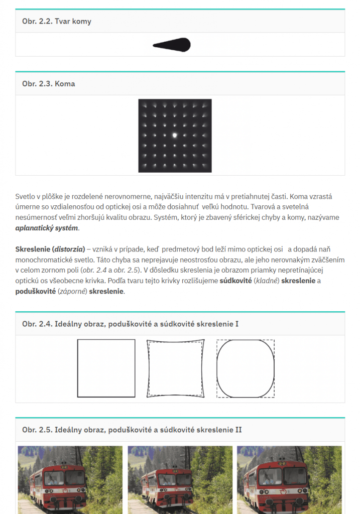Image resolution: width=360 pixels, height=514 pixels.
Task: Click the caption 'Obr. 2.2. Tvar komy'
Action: pyautogui.click(x=57, y=22)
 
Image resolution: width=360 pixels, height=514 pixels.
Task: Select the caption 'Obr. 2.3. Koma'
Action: pyautogui.click(x=49, y=84)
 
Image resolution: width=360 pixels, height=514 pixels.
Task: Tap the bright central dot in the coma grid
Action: pyautogui.click(x=175, y=135)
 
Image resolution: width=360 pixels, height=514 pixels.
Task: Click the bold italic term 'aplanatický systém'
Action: pyautogui.click(x=47, y=228)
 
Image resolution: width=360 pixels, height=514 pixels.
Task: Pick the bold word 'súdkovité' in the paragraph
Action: pyautogui.click(x=235, y=281)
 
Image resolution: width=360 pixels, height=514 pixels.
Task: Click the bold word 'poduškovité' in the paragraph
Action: pyautogui.click(x=36, y=291)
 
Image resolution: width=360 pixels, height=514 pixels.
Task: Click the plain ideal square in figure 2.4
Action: pyautogui.click(x=106, y=368)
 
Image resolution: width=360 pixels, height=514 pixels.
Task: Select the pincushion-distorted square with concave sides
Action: pyautogui.click(x=176, y=368)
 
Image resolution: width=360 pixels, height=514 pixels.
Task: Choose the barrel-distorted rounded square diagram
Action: pyautogui.click(x=245, y=368)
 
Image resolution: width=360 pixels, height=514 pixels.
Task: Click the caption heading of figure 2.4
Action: pyautogui.click(x=130, y=324)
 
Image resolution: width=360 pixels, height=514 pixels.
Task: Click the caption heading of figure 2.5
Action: pyautogui.click(x=132, y=430)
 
